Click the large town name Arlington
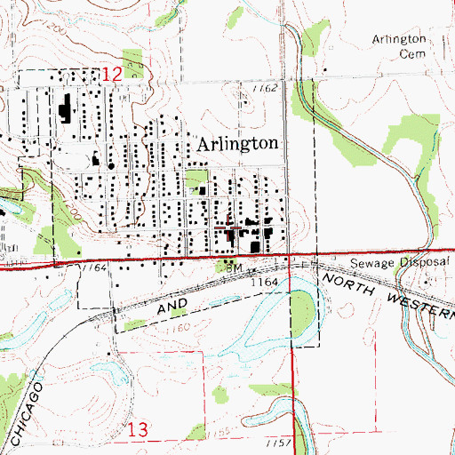pos(237,145)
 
